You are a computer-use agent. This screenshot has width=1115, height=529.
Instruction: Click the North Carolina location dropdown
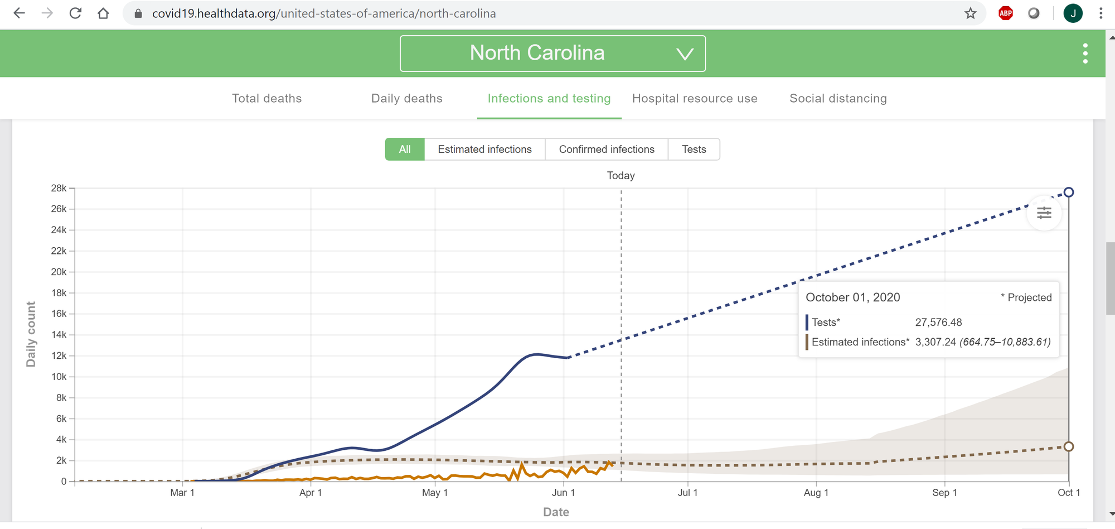(x=552, y=54)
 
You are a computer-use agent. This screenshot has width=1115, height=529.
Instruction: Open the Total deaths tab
(x=266, y=99)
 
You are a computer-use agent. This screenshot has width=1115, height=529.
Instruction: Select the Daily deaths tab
(x=406, y=99)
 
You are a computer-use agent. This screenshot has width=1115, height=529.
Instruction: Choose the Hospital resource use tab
(x=695, y=99)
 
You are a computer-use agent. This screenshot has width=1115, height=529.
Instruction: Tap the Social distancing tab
(x=838, y=99)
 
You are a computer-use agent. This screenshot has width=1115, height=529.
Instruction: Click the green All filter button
(x=405, y=150)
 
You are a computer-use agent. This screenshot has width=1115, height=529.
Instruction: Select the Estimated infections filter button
(x=484, y=150)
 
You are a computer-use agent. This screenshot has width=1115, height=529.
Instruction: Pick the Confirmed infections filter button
(x=607, y=150)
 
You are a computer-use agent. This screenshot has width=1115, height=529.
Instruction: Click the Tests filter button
(x=694, y=150)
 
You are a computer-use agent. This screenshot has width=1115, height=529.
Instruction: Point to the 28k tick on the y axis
(x=59, y=188)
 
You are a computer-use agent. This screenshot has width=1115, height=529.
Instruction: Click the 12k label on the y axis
(x=59, y=355)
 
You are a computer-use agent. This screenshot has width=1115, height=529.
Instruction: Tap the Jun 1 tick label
(x=563, y=493)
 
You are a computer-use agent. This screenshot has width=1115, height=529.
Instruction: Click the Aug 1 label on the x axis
(x=816, y=493)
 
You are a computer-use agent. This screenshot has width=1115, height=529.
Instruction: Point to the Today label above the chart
(x=620, y=176)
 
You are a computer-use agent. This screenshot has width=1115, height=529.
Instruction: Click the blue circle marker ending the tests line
(x=1069, y=193)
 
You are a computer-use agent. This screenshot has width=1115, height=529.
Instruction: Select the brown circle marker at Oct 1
(x=1069, y=446)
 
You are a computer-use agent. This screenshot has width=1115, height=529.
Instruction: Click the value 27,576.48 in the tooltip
(x=938, y=323)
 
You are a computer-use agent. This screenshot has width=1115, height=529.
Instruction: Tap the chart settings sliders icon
(x=1044, y=213)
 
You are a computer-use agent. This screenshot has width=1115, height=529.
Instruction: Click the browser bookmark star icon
(x=971, y=13)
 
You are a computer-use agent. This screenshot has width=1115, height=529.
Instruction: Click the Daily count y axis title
(x=31, y=334)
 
